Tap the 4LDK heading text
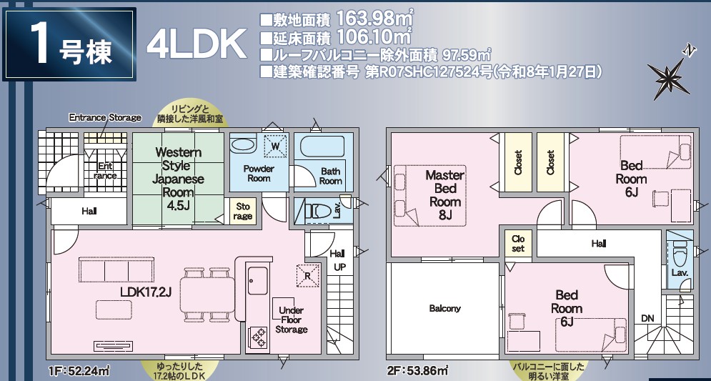tap(197, 44)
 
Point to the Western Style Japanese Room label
tap(178, 179)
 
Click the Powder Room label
tap(259, 174)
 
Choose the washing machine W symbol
tap(275, 146)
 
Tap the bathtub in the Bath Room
tap(322, 146)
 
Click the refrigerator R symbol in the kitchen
tap(307, 276)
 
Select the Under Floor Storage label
tap(291, 320)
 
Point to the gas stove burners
tap(259, 337)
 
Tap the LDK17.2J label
tap(146, 292)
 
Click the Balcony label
tap(445, 308)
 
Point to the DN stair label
tap(647, 318)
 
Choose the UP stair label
tap(339, 267)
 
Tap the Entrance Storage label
tap(105, 118)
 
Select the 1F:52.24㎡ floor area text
tap(79, 370)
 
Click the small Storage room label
tap(242, 212)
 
